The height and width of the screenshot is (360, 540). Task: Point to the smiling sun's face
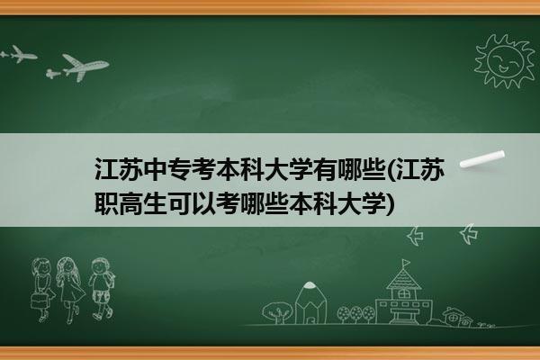point(505,60)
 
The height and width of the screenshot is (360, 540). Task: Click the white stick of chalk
point(482,159)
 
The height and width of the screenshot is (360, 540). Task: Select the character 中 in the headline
point(156,169)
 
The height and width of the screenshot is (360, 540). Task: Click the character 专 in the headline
point(180,169)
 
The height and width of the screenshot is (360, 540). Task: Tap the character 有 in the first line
point(326,169)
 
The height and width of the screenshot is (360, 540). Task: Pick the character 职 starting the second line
point(107,203)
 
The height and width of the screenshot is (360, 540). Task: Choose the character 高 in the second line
point(131,203)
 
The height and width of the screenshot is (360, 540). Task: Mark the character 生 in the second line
point(156,203)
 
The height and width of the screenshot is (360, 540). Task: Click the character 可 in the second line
point(180,203)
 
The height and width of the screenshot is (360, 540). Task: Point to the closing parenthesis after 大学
point(391,204)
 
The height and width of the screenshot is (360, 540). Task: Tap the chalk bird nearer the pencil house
point(415,236)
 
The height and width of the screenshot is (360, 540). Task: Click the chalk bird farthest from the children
point(469,234)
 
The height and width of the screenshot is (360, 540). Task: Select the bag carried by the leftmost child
point(39,301)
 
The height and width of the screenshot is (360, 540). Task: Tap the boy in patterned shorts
point(101,288)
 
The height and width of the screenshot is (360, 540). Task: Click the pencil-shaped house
point(311,302)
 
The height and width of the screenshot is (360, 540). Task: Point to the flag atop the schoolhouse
point(406,263)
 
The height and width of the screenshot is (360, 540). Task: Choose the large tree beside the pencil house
point(277,312)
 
